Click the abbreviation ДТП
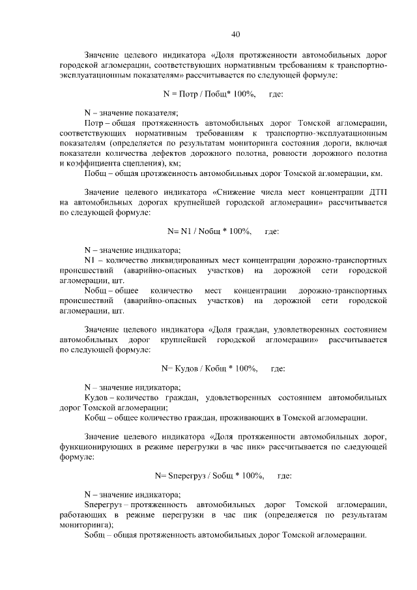coord(377,193)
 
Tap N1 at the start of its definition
coord(90,260)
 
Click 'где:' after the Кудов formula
coord(278,368)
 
